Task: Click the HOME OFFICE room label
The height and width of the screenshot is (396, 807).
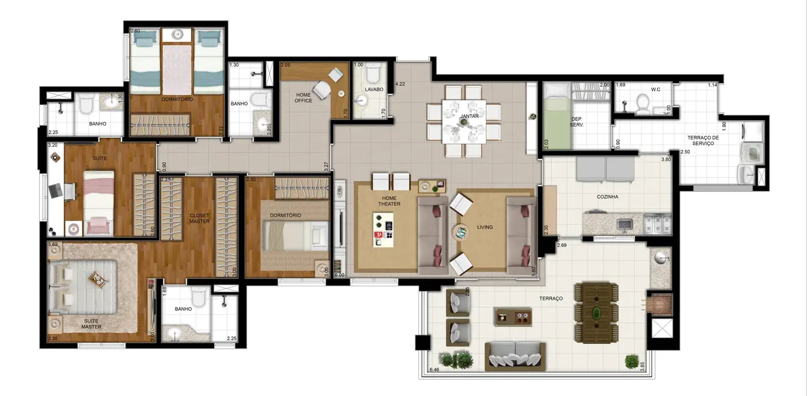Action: coord(303,97)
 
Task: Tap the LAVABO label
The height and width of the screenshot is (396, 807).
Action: coord(373,90)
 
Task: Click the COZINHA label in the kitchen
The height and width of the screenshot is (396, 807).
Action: coord(608,197)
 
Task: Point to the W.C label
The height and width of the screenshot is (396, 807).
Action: coord(656,89)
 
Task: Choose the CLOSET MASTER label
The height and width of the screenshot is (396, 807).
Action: coord(199,218)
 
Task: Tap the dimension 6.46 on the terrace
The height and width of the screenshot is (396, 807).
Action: coord(434,369)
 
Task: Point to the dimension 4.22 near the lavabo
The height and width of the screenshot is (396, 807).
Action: coord(400,84)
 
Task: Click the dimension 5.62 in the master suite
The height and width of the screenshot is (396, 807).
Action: coord(53,244)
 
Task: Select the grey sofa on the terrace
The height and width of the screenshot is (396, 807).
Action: coord(514,355)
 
